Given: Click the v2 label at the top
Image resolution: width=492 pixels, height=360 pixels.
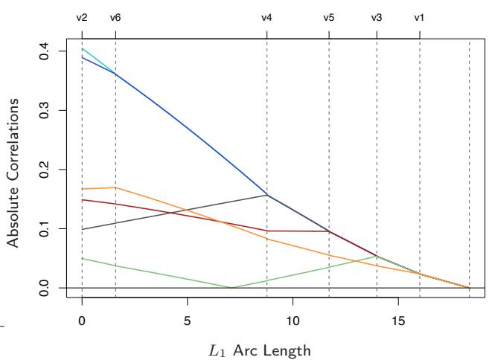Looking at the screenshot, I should click(x=82, y=17).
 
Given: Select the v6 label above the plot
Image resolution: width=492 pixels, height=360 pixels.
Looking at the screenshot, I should click(x=115, y=17).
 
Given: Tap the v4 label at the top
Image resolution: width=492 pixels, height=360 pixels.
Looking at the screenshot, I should click(x=266, y=17).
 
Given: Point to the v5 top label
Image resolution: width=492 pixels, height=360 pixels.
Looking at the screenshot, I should click(x=328, y=17).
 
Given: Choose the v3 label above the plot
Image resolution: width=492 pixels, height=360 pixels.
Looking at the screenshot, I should click(x=377, y=17).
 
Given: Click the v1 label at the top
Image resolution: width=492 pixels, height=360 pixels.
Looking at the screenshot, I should click(x=419, y=17).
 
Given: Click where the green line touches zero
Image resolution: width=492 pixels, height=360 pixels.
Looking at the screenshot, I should click(x=232, y=287).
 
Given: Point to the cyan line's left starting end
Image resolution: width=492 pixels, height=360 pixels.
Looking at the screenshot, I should click(x=82, y=48).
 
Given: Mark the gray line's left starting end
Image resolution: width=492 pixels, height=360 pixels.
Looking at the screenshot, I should click(x=82, y=229).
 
